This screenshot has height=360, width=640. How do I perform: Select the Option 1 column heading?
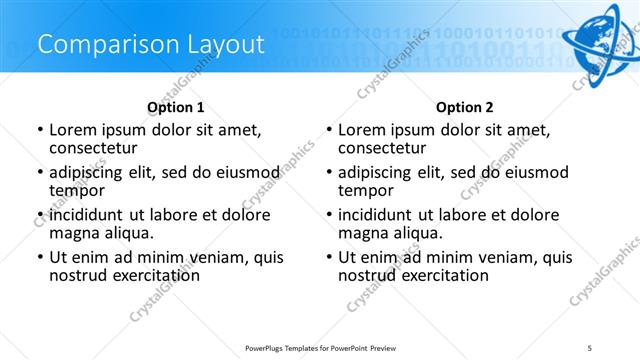pos(176,107)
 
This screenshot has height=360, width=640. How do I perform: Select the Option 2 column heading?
pos(465,107)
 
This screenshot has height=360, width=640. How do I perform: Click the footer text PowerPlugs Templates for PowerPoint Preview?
pos(320,346)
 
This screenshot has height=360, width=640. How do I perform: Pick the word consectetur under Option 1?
pos(99,149)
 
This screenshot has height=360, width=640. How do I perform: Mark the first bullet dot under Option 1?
pos(39,130)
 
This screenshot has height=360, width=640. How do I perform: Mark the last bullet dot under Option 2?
pos(328,257)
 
